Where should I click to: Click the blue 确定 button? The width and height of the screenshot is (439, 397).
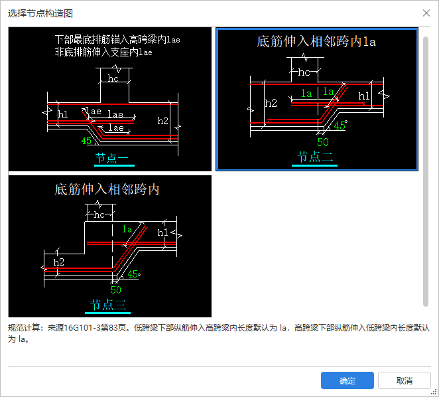347,380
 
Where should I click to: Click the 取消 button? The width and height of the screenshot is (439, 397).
405,380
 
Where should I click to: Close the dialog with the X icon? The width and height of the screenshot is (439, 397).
426,13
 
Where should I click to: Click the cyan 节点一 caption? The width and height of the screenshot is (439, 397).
111,158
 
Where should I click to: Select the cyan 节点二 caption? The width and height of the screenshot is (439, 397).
314,157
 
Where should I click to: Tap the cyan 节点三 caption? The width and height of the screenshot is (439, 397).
107,305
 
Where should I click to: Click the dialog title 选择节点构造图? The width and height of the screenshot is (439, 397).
40,13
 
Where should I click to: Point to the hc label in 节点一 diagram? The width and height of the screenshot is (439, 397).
113,78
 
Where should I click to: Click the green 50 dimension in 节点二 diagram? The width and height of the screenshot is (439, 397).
323,142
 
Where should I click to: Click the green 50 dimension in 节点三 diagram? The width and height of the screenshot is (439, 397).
116,289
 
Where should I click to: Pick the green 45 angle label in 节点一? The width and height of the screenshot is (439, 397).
86,141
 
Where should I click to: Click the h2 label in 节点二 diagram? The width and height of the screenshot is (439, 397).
271,103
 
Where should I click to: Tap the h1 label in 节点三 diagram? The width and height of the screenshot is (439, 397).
162,232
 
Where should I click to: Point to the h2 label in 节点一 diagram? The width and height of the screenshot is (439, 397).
162,121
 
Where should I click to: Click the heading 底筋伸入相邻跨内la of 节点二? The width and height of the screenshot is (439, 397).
316,42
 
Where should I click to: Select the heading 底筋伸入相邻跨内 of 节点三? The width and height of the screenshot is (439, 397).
107,189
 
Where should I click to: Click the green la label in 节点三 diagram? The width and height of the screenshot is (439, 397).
127,229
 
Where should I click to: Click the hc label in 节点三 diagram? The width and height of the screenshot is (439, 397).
99,214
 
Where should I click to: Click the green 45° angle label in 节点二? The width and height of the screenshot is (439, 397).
340,125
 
